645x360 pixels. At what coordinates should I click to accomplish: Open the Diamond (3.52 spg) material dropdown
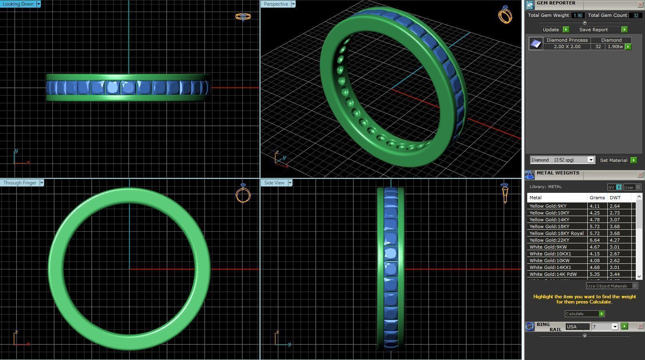click(591, 160)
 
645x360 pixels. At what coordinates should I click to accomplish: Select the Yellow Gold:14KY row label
click(549, 220)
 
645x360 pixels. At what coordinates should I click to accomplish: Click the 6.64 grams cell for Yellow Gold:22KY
click(595, 240)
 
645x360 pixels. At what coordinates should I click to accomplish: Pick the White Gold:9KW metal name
click(548, 247)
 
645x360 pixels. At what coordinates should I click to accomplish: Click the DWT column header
click(615, 198)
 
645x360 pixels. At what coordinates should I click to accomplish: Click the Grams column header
click(597, 198)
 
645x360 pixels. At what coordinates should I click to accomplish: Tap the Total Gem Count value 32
click(636, 15)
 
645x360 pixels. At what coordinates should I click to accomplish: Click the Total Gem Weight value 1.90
click(578, 15)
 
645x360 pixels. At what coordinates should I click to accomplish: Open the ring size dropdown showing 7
click(615, 327)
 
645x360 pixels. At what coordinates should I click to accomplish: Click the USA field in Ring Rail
click(577, 327)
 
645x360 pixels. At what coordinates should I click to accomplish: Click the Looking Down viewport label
click(18, 4)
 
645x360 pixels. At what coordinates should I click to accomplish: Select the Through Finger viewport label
click(20, 183)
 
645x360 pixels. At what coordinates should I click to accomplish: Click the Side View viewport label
click(274, 183)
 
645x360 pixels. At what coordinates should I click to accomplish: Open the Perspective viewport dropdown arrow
click(293, 4)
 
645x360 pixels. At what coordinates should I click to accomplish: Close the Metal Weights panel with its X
click(640, 175)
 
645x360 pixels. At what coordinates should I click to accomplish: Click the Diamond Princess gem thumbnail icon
click(536, 43)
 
